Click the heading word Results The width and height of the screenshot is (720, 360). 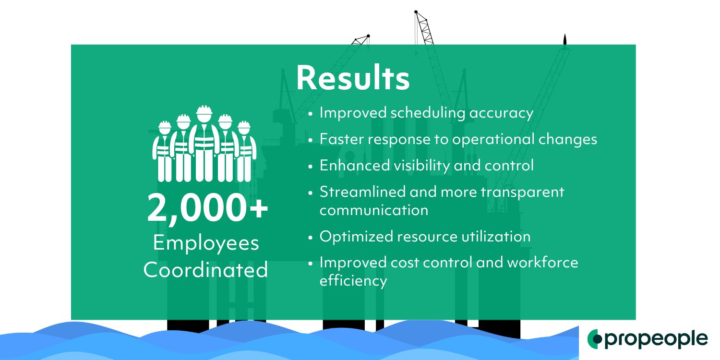pyautogui.click(x=353, y=78)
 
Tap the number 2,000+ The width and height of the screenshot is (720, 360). pyautogui.click(x=207, y=208)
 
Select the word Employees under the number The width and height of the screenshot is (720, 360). pyautogui.click(x=206, y=243)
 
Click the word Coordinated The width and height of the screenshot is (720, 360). pyautogui.click(x=206, y=270)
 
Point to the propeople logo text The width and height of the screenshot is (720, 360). pyautogui.click(x=656, y=339)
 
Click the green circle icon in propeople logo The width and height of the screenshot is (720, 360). pyautogui.click(x=595, y=339)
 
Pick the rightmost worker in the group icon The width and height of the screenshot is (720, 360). pyautogui.click(x=244, y=151)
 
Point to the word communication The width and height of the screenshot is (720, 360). pyautogui.click(x=374, y=210)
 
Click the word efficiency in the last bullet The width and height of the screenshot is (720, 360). pyautogui.click(x=353, y=280)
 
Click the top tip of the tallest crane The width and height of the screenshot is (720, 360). pyautogui.click(x=416, y=11)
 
